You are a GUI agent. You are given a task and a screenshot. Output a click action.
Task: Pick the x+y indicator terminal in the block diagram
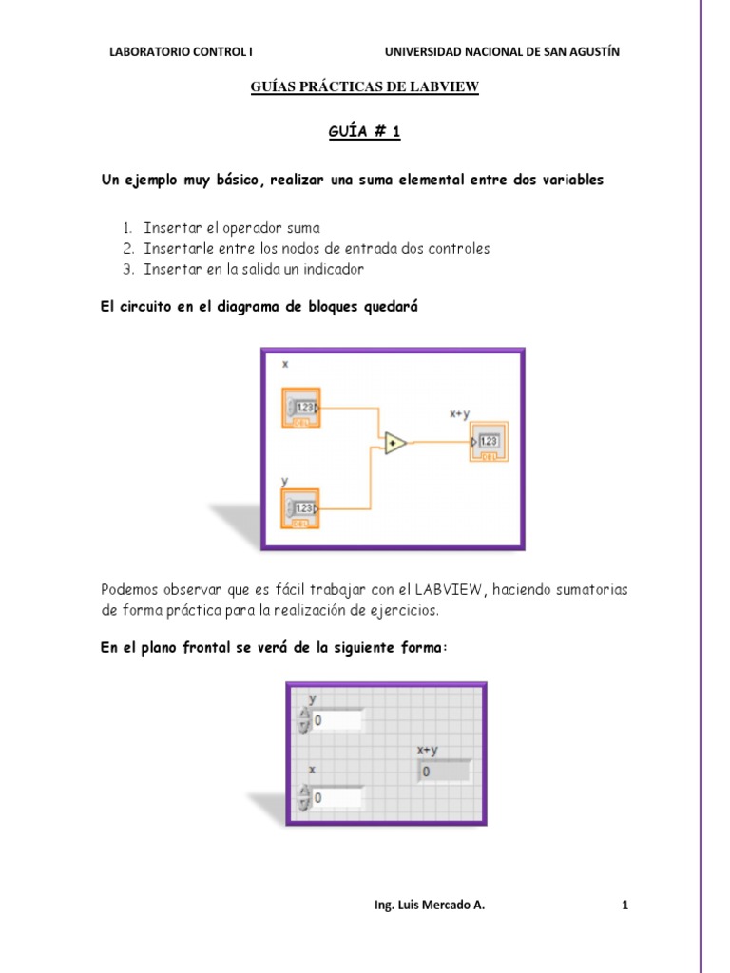(x=488, y=442)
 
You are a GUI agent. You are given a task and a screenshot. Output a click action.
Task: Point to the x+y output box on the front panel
(x=444, y=772)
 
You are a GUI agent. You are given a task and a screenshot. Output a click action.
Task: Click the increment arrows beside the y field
(x=304, y=721)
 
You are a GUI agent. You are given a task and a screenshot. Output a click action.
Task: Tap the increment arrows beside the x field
(x=304, y=798)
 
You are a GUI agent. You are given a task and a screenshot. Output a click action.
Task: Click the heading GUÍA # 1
(x=364, y=133)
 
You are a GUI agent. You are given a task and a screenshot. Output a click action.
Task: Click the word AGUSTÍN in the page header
(x=593, y=52)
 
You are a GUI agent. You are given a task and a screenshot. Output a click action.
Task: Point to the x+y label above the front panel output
(x=429, y=750)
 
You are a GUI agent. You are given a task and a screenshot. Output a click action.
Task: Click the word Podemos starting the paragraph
(x=131, y=590)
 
